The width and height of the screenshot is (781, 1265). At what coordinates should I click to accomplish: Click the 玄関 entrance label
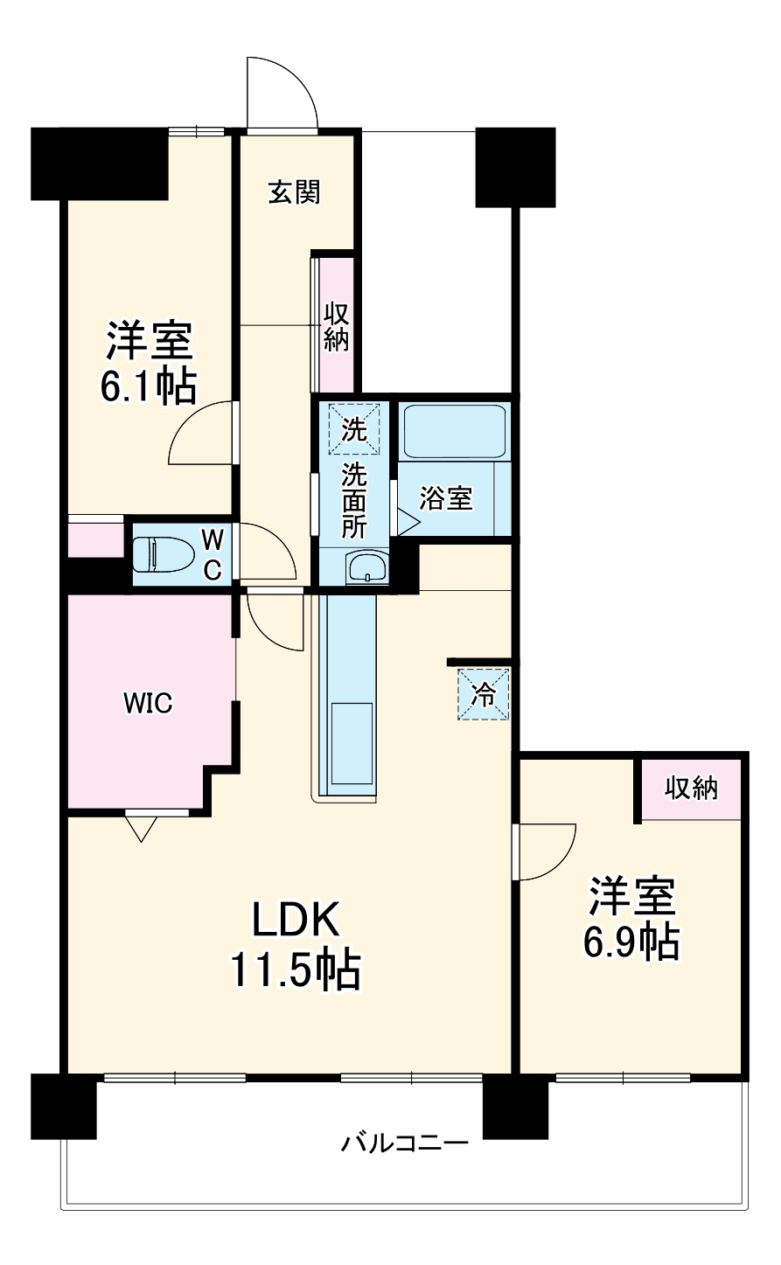(x=294, y=192)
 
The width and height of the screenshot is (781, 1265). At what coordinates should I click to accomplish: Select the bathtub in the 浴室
(x=454, y=432)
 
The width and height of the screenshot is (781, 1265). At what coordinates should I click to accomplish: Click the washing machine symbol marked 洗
(x=354, y=429)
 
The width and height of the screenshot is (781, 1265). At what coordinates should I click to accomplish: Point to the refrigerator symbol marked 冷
(x=482, y=694)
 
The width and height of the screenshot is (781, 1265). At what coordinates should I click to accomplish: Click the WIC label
(x=148, y=702)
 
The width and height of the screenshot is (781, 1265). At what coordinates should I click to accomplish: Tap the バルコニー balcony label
(x=405, y=1143)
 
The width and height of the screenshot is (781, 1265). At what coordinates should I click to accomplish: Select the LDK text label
(x=295, y=920)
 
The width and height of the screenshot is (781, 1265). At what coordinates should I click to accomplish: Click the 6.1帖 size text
(x=148, y=387)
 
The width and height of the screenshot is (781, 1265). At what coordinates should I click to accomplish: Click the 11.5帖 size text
(x=295, y=970)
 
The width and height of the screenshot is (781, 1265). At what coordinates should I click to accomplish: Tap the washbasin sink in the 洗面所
(x=366, y=567)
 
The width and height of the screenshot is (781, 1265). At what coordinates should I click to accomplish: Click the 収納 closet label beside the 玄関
(x=337, y=326)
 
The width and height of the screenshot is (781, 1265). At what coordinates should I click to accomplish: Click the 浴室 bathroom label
(x=446, y=499)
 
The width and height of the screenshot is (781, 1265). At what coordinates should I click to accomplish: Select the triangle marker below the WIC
(x=142, y=827)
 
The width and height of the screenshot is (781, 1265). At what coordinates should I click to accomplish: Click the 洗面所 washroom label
(x=354, y=501)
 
